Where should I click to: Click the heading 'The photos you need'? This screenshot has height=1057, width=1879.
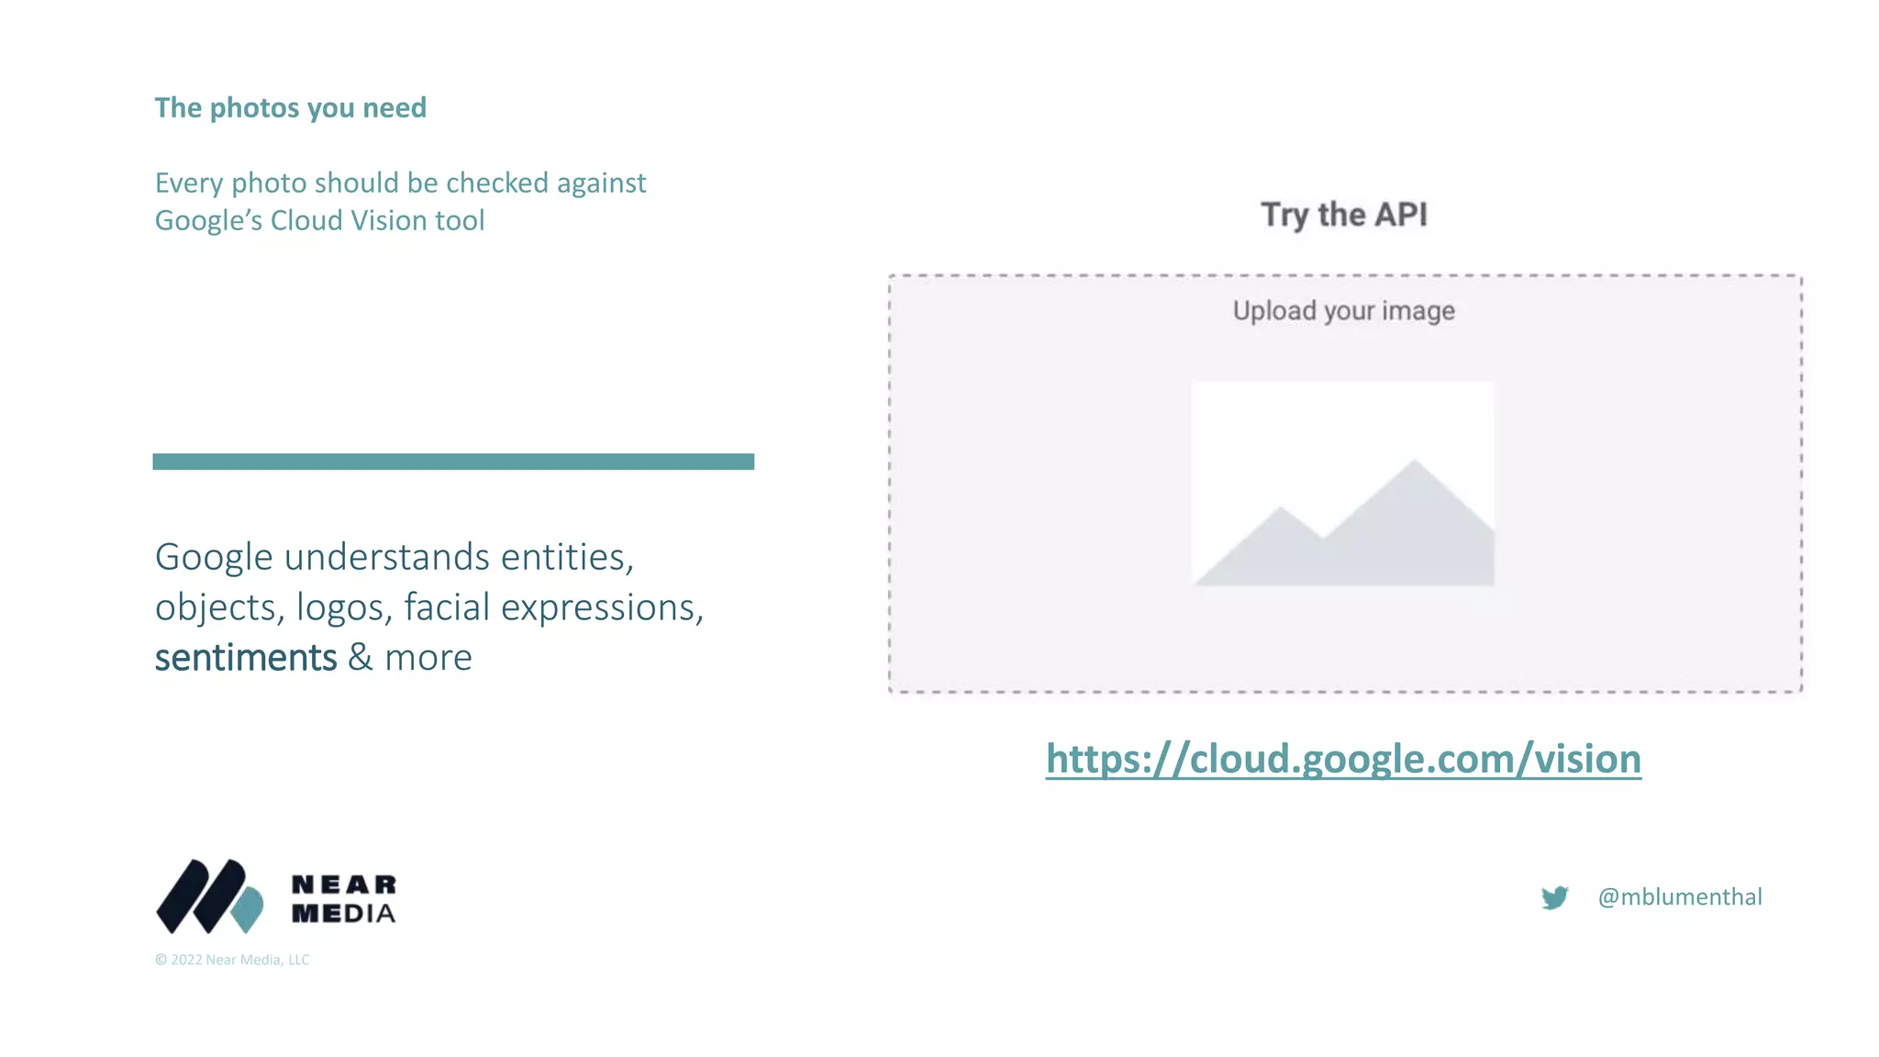click(290, 108)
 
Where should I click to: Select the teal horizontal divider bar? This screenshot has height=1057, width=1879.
click(453, 462)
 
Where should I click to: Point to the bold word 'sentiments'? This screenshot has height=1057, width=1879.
click(246, 658)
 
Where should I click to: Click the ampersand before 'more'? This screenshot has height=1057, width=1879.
click(361, 658)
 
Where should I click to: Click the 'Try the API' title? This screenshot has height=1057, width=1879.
click(1344, 215)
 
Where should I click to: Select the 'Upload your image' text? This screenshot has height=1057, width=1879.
click(1343, 311)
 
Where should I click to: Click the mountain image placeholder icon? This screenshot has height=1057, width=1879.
click(1342, 484)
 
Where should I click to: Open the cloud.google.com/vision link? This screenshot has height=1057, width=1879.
click(1343, 760)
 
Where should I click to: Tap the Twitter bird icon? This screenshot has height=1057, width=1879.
click(1554, 897)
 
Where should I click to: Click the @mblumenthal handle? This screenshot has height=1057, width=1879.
click(1680, 897)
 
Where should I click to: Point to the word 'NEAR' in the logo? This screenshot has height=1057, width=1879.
click(344, 885)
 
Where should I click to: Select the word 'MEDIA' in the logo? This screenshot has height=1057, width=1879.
click(344, 914)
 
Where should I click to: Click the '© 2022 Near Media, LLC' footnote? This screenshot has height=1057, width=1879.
click(232, 960)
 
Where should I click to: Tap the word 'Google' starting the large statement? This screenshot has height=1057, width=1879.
click(214, 557)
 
